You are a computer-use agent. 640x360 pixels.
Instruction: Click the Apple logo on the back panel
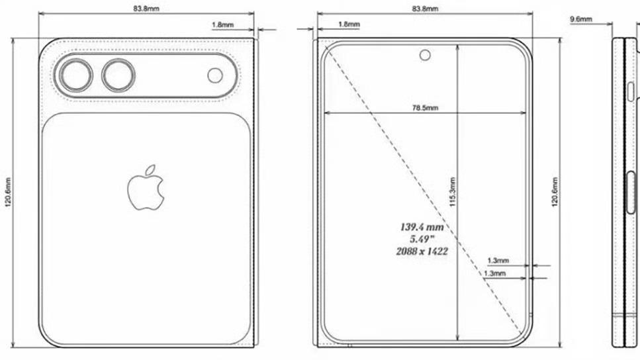click(146, 188)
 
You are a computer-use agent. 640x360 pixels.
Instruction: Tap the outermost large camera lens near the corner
click(76, 75)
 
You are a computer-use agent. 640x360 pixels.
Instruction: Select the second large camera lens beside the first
click(118, 75)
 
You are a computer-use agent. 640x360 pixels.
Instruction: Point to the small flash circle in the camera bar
click(215, 75)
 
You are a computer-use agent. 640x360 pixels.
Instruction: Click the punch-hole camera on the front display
click(425, 55)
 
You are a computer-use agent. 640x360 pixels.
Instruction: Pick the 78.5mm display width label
click(425, 108)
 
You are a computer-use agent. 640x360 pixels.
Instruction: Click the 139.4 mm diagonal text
click(422, 227)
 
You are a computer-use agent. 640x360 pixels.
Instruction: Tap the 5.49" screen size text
click(422, 239)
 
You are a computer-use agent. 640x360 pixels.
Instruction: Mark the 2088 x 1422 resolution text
click(422, 251)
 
